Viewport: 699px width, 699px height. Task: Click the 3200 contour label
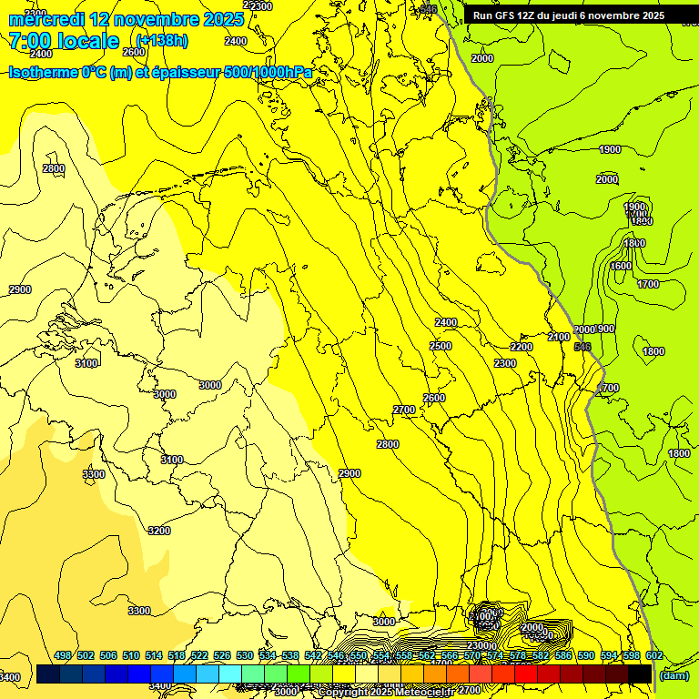pyautogui.click(x=158, y=531)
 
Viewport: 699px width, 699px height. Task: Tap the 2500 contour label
pyautogui.click(x=441, y=346)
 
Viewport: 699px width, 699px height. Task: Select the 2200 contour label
pyautogui.click(x=522, y=347)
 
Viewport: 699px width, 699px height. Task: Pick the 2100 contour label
pyautogui.click(x=559, y=337)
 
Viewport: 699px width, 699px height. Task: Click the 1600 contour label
pyautogui.click(x=621, y=266)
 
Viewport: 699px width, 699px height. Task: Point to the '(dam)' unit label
pyautogui.click(x=673, y=674)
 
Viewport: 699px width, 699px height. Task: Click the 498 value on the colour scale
pyautogui.click(x=63, y=655)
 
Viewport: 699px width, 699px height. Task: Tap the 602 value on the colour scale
pyautogui.click(x=653, y=655)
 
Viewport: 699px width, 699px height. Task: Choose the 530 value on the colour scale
pyautogui.click(x=245, y=655)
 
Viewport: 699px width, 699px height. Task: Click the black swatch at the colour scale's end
pyautogui.click(x=640, y=674)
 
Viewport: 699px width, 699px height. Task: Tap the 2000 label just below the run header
pyautogui.click(x=481, y=58)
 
